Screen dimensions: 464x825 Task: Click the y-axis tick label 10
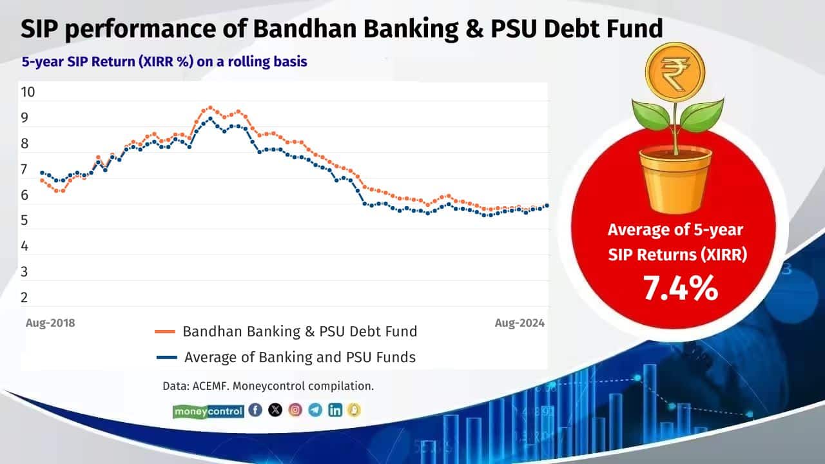click(28, 92)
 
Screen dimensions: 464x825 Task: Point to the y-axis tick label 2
click(24, 298)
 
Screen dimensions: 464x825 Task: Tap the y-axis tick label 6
click(24, 195)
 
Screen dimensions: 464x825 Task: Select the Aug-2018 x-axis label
click(50, 323)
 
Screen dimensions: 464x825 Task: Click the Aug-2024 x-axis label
click(519, 323)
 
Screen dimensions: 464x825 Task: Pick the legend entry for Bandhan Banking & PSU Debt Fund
click(286, 332)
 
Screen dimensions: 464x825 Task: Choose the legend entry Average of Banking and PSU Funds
click(286, 356)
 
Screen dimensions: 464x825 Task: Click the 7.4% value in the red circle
click(680, 289)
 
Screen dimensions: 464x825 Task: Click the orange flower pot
click(675, 179)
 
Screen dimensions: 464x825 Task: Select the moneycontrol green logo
click(208, 411)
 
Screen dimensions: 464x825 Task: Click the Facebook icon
click(255, 410)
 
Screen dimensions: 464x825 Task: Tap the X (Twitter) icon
click(275, 410)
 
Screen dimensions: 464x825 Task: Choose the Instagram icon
click(295, 410)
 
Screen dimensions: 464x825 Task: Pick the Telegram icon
click(315, 410)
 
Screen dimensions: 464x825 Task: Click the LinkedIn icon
click(335, 410)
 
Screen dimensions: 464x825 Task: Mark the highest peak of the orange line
click(210, 108)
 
